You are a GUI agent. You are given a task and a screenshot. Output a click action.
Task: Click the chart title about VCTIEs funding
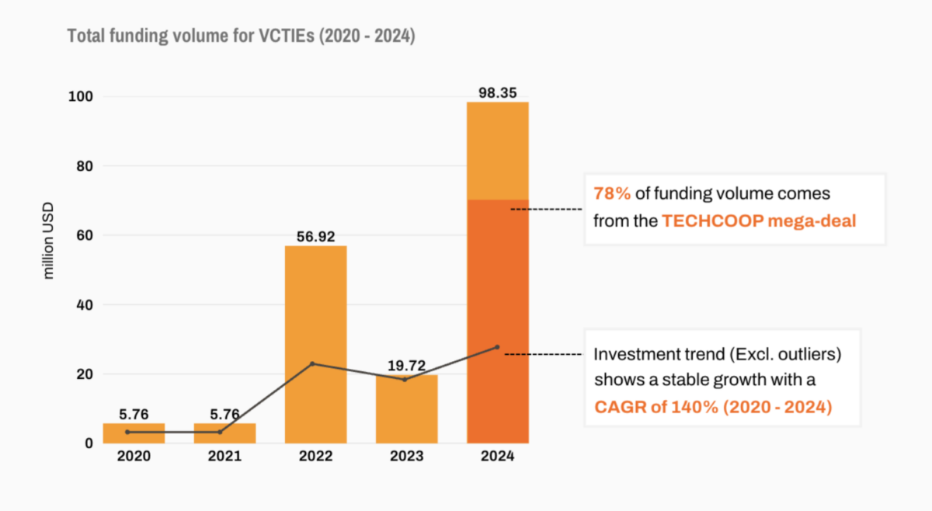click(x=241, y=36)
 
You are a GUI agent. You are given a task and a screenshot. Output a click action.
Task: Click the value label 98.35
click(x=497, y=92)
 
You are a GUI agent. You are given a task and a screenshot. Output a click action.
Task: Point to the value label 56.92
click(x=315, y=236)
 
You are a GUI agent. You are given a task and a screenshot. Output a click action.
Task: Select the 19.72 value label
click(x=406, y=365)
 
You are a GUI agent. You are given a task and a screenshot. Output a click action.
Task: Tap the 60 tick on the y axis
click(x=85, y=235)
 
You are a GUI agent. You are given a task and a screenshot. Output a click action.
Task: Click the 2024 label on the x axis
click(x=497, y=457)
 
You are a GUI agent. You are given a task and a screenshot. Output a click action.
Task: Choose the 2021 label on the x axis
click(x=224, y=457)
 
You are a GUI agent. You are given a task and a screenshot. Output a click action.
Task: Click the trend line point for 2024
click(x=497, y=347)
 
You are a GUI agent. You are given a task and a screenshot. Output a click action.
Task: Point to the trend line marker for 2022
click(x=312, y=363)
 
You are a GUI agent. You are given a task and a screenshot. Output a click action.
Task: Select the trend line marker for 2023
click(x=404, y=379)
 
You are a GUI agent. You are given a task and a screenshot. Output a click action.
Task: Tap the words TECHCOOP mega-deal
click(x=758, y=221)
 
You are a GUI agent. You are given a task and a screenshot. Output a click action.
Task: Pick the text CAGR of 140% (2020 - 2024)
click(x=712, y=406)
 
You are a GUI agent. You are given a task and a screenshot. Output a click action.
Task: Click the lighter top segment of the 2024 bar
click(x=497, y=151)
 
